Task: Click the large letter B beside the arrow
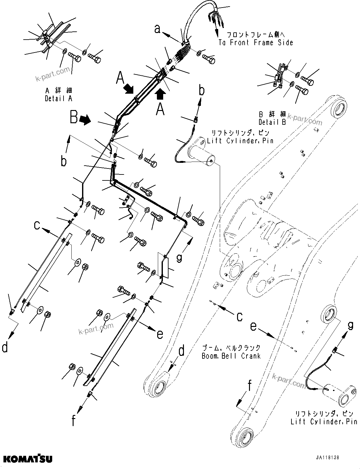pos(74,118)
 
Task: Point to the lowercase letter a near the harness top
pos(157,29)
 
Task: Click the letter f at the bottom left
pos(73,420)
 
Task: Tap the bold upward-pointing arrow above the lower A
pos(160,93)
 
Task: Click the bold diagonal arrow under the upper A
pos(128,89)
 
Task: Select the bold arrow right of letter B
pos(85,119)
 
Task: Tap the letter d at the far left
pos(5,348)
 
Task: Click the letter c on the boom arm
pos(240,316)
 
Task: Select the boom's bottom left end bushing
pos(158,385)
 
